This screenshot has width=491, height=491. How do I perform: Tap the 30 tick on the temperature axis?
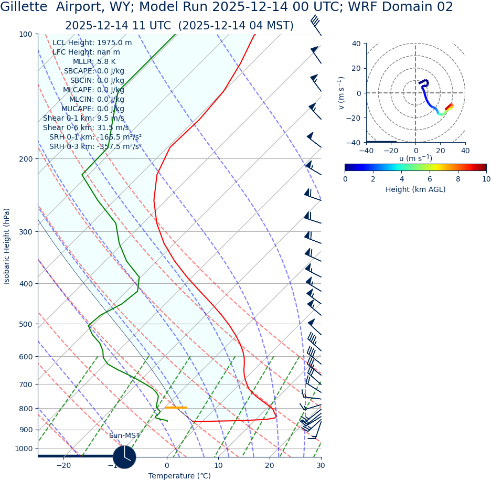pyautogui.click(x=321, y=465)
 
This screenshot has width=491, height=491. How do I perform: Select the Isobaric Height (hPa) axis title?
pyautogui.click(x=7, y=246)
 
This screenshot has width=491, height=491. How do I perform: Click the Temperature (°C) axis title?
pyautogui.click(x=179, y=476)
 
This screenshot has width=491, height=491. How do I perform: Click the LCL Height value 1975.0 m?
pyautogui.click(x=114, y=43)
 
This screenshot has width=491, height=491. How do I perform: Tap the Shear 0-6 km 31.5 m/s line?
pyautogui.click(x=86, y=127)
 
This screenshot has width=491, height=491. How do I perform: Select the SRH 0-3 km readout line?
pyautogui.click(x=95, y=146)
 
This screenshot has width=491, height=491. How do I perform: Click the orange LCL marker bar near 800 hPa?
pyautogui.click(x=176, y=408)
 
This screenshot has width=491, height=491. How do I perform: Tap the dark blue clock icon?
pyautogui.click(x=124, y=457)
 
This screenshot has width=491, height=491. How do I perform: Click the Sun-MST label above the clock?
pyautogui.click(x=124, y=435)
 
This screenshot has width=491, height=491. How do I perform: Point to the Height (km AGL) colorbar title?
pyautogui.click(x=415, y=189)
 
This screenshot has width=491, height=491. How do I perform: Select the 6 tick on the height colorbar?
pyautogui.click(x=430, y=179)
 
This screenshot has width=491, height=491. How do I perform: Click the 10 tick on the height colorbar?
pyautogui.click(x=486, y=179)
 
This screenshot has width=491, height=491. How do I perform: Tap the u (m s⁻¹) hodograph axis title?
pyautogui.click(x=415, y=158)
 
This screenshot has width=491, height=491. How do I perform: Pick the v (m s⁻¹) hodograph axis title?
pyautogui.click(x=341, y=93)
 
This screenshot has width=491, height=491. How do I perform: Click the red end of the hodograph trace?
pyautogui.click(x=450, y=106)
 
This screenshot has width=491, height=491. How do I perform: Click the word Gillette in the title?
pyautogui.click(x=24, y=7)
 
